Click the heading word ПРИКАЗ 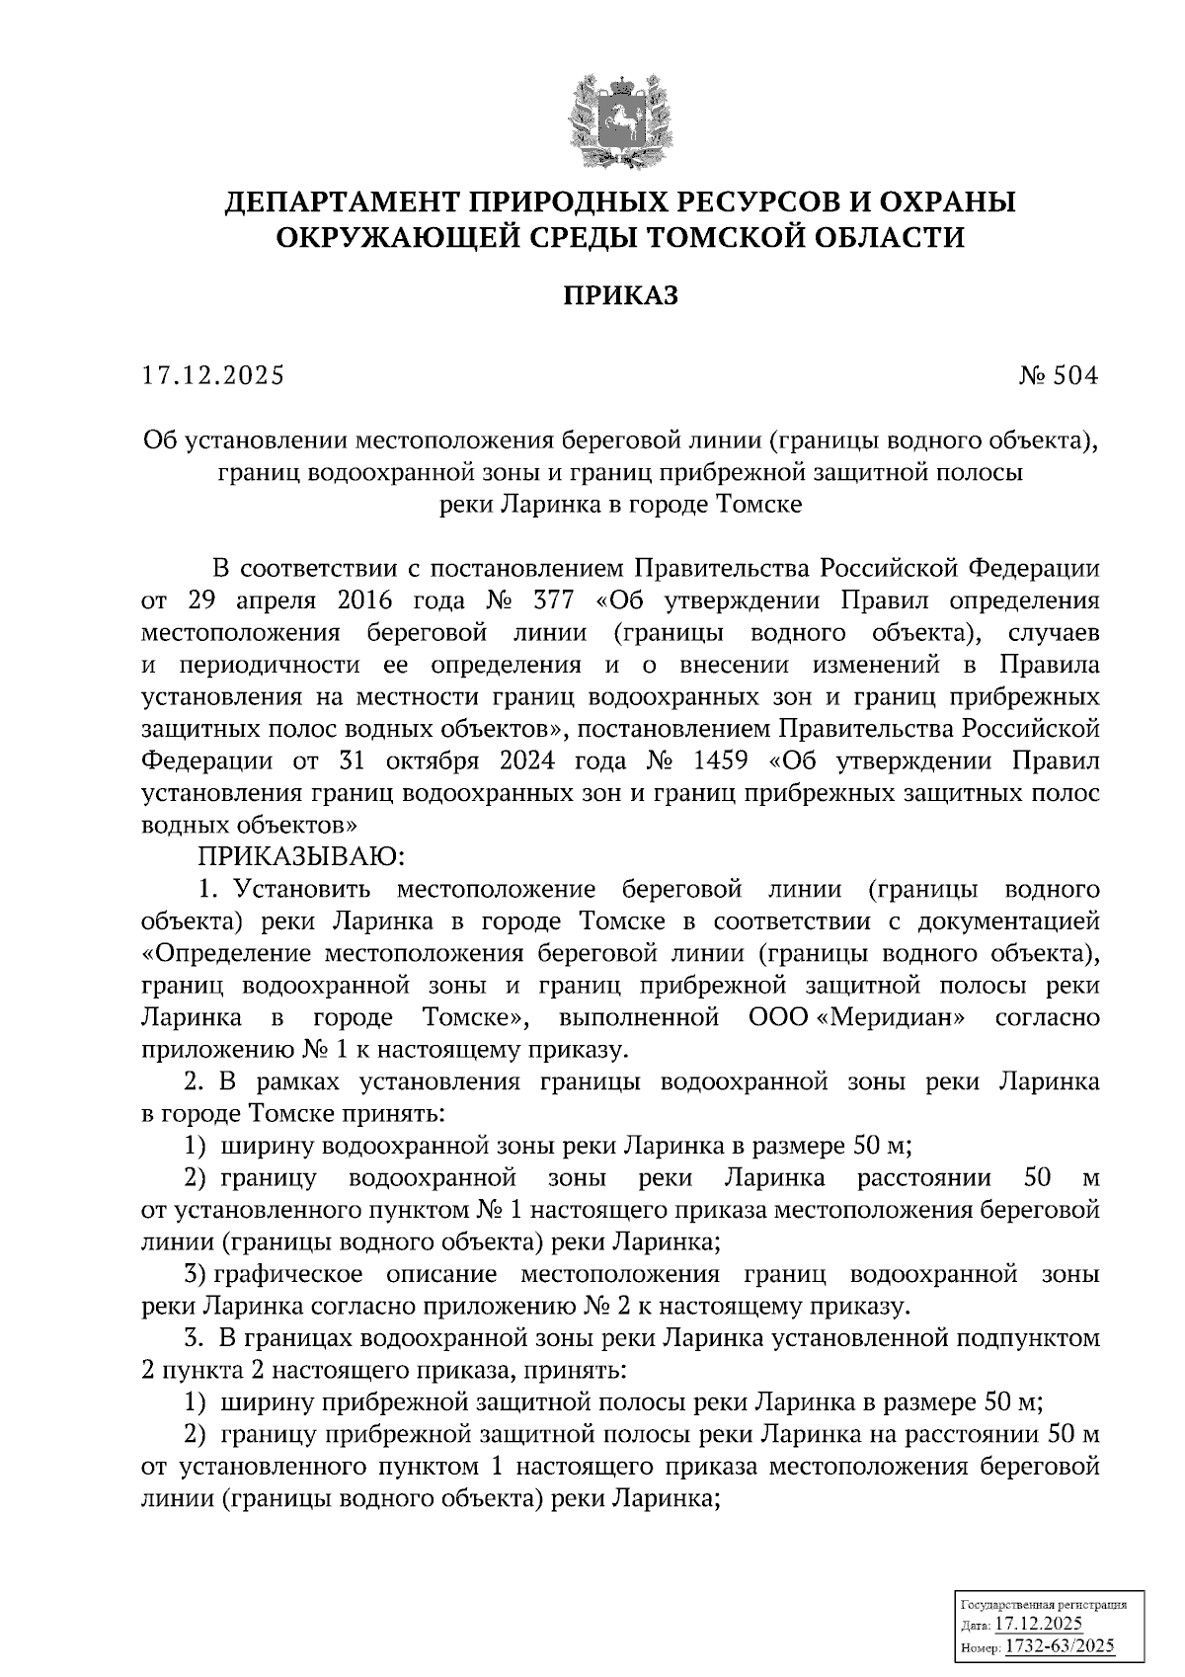[620, 295]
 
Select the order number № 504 [1058, 375]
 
